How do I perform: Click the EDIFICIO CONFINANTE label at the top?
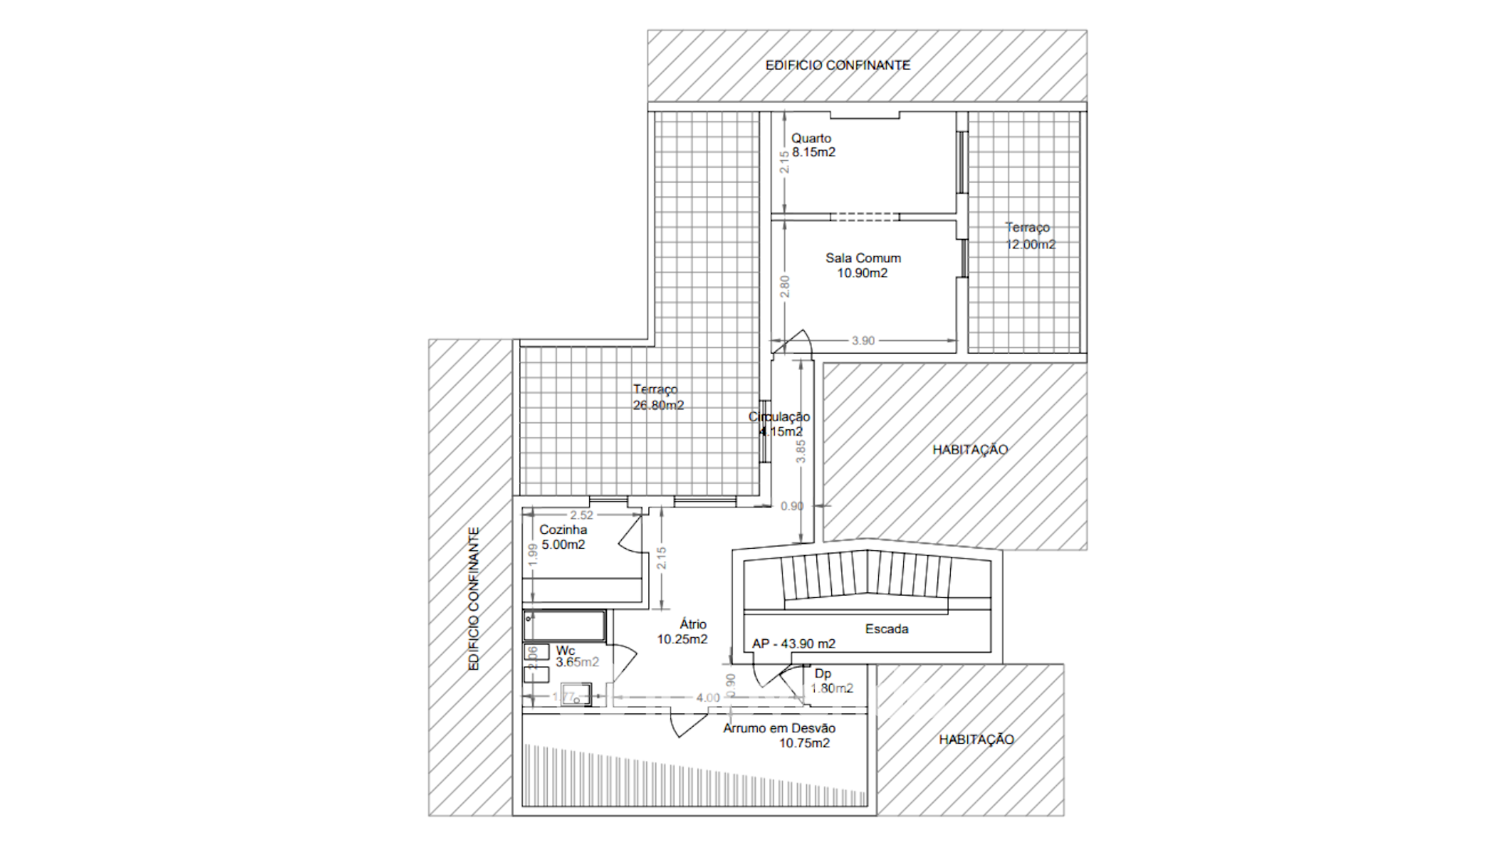coord(837,66)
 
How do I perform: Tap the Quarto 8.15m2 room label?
coord(812,145)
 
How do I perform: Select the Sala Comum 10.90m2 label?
coord(862,265)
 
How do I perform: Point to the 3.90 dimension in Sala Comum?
coord(863,341)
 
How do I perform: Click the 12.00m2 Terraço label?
coord(1030,237)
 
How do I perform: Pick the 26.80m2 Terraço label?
coord(658,397)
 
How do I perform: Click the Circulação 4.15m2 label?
coord(780,424)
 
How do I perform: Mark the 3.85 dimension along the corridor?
coord(801,451)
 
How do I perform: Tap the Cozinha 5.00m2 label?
coord(563,537)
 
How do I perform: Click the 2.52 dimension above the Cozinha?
coord(581,515)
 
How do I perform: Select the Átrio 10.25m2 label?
coord(684,631)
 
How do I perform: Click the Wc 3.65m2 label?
coord(576,656)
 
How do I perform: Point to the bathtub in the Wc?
coord(564,625)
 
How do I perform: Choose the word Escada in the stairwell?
coord(887,629)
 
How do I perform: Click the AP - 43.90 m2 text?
coord(794,644)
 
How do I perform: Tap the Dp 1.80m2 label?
coord(830,681)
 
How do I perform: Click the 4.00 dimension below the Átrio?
coord(708,698)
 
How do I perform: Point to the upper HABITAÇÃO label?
coord(970,450)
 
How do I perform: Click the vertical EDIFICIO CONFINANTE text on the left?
coord(473,599)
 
